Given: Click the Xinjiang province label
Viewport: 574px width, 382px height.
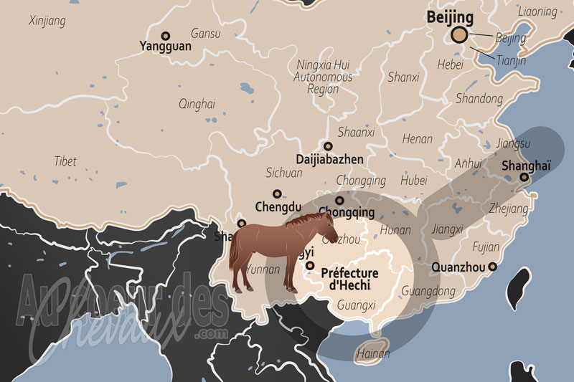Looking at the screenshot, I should [47, 21].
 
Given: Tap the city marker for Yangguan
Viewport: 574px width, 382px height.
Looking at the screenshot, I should [166, 35].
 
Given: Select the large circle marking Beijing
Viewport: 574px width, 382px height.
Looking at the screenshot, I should [459, 35].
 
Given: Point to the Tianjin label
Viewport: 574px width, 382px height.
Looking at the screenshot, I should [510, 61].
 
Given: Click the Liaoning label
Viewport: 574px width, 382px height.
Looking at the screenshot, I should [537, 11].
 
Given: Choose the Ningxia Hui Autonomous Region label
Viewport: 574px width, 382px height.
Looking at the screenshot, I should [324, 77].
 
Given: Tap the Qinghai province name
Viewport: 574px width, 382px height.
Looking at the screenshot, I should [197, 104].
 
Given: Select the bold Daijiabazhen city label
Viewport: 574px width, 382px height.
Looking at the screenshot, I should [329, 159].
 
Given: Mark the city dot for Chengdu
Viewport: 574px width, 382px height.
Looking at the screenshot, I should [277, 194].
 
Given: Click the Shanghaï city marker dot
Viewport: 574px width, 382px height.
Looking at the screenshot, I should [524, 177].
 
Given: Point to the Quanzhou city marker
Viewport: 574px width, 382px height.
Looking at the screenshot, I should [492, 267].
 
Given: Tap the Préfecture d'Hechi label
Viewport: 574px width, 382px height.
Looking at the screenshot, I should [350, 279].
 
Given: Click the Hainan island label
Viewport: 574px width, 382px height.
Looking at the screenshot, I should [372, 353].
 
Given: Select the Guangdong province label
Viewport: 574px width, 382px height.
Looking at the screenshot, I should [428, 292].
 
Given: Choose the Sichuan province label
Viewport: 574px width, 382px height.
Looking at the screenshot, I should [284, 173].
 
